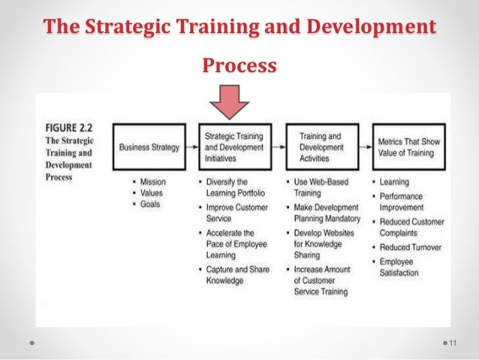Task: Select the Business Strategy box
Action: tap(149, 147)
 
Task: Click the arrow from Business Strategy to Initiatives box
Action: tap(192, 147)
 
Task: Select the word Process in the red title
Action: tap(239, 66)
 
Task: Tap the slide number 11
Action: tap(453, 343)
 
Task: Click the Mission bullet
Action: tap(150, 182)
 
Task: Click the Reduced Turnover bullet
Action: tap(410, 247)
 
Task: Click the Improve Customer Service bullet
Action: tap(234, 213)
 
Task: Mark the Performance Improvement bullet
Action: tap(410, 201)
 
